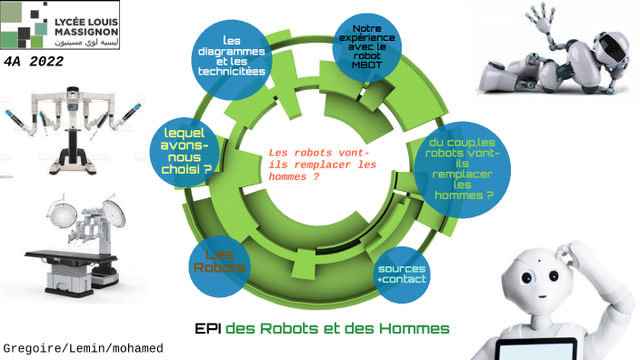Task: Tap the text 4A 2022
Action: (33, 60)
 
